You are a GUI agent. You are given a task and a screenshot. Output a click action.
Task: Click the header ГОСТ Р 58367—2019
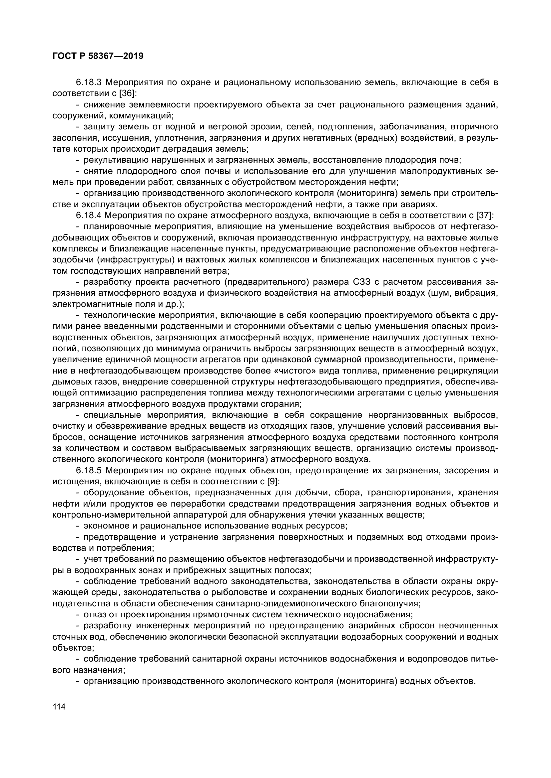(x=98, y=56)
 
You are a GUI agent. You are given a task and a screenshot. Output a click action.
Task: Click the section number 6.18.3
(x=89, y=82)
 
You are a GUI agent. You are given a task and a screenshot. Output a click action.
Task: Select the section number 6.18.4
(x=89, y=216)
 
